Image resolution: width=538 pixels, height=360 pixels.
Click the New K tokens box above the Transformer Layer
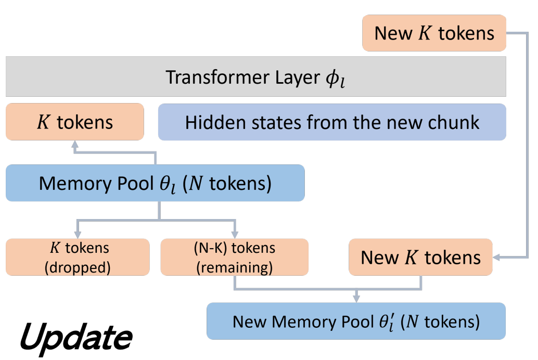(x=434, y=33)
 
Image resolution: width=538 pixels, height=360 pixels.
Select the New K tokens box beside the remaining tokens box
(x=420, y=257)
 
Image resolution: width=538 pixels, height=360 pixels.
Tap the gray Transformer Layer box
(x=255, y=77)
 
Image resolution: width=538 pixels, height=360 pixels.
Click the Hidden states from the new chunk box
(x=332, y=122)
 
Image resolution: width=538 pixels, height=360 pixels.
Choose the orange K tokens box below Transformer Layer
(x=74, y=122)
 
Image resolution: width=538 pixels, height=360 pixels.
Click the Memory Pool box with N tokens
(x=155, y=183)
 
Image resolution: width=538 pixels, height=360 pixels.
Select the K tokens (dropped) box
(x=77, y=257)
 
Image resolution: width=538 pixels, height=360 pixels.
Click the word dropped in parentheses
(x=77, y=266)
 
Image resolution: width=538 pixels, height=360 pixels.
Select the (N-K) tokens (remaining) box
(x=234, y=257)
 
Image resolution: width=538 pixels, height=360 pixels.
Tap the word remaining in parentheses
(x=234, y=266)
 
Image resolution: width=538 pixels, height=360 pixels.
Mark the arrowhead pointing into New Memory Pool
(x=356, y=298)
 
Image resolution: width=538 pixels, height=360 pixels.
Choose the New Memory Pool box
(x=356, y=321)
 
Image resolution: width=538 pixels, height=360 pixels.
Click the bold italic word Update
(x=76, y=338)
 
